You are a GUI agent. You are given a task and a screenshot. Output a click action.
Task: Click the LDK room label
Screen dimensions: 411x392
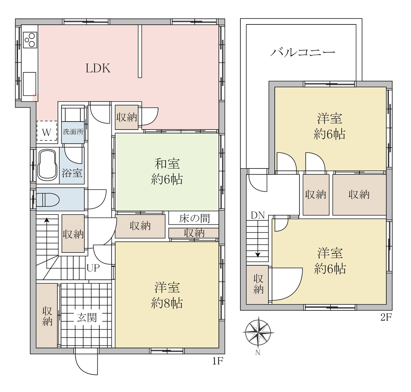click(98, 68)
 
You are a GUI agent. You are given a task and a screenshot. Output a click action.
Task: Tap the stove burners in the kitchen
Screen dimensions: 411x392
click(30, 40)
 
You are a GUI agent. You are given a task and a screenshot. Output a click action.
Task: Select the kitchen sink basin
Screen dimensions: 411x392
click(30, 84)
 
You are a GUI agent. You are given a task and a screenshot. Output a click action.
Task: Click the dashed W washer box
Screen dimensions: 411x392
click(47, 131)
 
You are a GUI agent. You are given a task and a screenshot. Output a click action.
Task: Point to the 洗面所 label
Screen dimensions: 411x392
click(73, 132)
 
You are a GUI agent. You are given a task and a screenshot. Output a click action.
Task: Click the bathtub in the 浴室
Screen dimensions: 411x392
click(47, 165)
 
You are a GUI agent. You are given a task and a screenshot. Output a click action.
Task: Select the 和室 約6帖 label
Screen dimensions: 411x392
click(167, 172)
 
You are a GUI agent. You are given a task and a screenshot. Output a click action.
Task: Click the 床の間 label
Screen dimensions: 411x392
click(194, 218)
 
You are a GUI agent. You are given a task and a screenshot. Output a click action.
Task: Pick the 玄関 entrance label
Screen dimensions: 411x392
click(87, 318)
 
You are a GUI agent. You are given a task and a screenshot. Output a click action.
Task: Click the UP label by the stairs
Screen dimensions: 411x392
click(93, 268)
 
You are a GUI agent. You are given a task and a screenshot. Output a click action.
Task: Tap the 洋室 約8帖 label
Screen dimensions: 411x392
click(167, 295)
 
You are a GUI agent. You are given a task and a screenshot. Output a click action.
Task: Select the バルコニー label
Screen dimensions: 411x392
click(302, 52)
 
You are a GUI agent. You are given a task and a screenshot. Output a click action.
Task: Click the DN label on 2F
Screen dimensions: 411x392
click(258, 215)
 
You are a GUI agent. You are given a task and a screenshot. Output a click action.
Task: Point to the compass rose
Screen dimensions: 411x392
click(258, 333)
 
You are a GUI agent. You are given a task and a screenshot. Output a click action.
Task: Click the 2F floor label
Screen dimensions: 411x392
click(386, 317)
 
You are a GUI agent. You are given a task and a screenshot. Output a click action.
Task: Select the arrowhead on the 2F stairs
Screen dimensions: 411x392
click(258, 255)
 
